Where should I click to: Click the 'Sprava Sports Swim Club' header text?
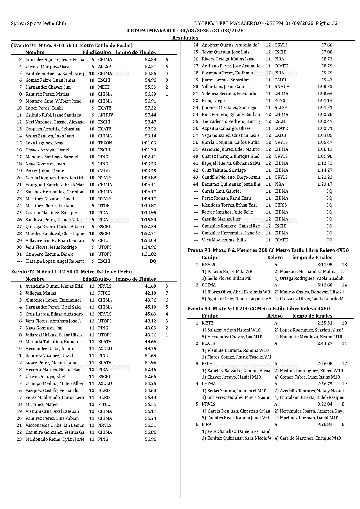[38, 24]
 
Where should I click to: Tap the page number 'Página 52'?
[326, 24]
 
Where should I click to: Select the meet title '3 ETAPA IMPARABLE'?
[151, 31]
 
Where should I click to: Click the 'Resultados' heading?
[185, 38]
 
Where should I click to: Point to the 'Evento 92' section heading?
[71, 272]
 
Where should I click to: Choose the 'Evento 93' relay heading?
[268, 250]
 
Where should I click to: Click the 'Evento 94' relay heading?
[258, 309]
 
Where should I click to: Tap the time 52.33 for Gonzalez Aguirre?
[150, 60]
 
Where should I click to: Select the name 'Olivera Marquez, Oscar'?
[48, 67]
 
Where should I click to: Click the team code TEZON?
[105, 143]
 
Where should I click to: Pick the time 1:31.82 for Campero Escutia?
[148, 254]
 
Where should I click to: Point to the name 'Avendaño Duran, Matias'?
[54, 286]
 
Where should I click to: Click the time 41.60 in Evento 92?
[150, 286]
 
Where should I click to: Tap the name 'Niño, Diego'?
[213, 101]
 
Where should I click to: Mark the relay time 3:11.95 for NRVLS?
[325, 265]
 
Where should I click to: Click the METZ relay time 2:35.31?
[325, 323]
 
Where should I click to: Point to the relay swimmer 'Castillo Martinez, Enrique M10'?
[308, 438]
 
